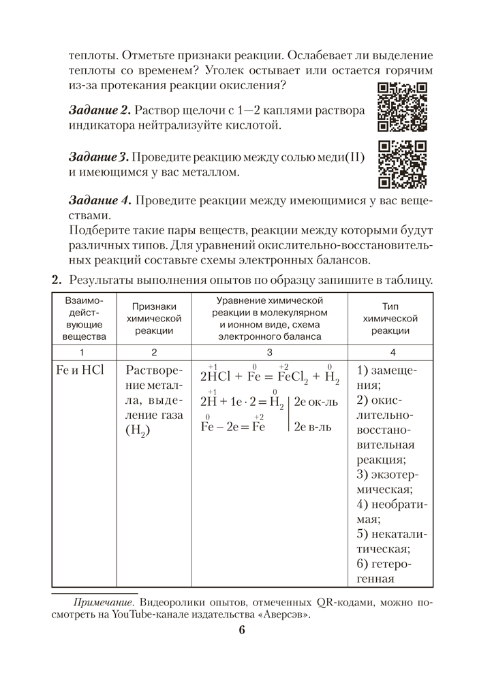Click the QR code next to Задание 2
coord(402,107)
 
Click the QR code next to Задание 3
coord(402,165)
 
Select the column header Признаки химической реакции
coord(154,318)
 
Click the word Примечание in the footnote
coord(103,602)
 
